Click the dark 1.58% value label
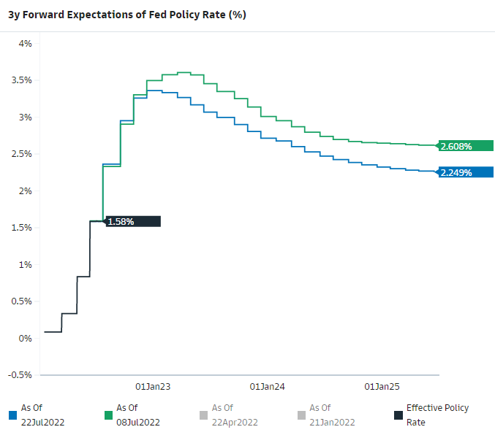click(x=121, y=221)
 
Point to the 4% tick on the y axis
click(x=26, y=44)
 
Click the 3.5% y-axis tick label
click(x=20, y=80)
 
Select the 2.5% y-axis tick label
click(x=20, y=154)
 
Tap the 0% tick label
click(x=26, y=339)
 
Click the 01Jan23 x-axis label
click(x=154, y=386)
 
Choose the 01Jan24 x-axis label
click(x=267, y=386)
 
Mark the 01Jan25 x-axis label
click(x=382, y=386)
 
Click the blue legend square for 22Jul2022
click(x=12, y=415)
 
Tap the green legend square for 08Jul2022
click(x=107, y=415)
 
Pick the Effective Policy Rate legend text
click(x=437, y=415)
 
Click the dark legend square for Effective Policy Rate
click(x=398, y=415)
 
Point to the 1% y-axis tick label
click(x=26, y=265)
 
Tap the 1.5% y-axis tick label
click(x=20, y=228)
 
